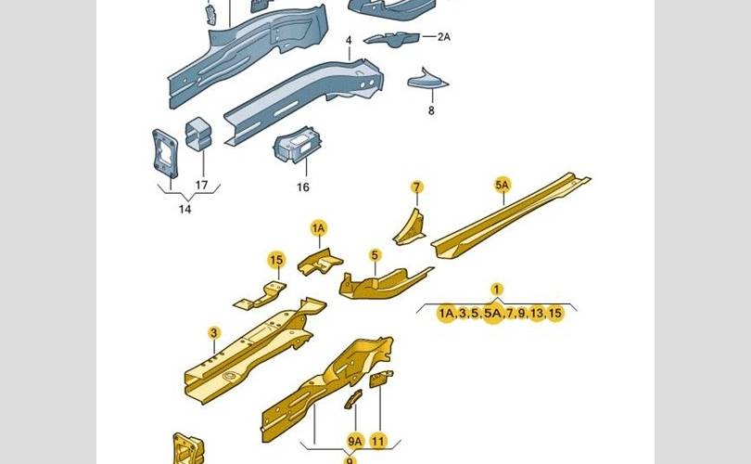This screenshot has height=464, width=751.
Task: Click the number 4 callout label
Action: (349, 41)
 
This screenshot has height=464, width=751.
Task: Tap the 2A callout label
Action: (442, 36)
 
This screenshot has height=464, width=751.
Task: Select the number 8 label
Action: (430, 110)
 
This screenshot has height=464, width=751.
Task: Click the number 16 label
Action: (302, 187)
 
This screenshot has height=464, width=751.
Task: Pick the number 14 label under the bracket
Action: (185, 210)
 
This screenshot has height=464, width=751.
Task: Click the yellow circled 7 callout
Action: (416, 187)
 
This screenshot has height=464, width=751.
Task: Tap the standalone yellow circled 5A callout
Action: (502, 186)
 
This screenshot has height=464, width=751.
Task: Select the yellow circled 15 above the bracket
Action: (276, 260)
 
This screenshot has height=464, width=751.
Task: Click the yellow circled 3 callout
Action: (213, 333)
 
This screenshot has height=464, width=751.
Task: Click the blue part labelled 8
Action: (427, 82)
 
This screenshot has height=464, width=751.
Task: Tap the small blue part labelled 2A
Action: (391, 38)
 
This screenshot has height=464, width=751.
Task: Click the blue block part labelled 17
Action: (198, 134)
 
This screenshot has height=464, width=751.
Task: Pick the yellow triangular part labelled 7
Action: (409, 226)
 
